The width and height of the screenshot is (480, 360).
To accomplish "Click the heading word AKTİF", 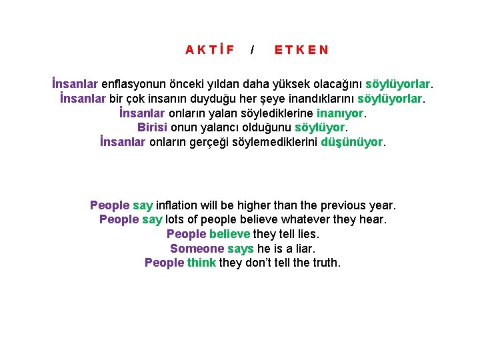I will [x=210, y=50].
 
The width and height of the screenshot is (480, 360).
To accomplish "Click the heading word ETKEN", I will [x=301, y=50].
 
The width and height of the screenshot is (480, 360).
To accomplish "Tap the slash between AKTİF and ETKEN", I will [x=252, y=50].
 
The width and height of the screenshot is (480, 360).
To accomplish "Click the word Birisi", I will [x=153, y=127].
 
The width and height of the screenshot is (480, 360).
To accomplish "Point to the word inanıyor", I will [x=340, y=113].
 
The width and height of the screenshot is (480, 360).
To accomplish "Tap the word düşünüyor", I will [x=352, y=142].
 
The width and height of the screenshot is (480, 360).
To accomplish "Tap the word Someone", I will [x=197, y=249].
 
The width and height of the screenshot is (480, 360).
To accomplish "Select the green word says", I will [x=241, y=249].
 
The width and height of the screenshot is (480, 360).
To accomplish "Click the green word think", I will [x=201, y=263].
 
